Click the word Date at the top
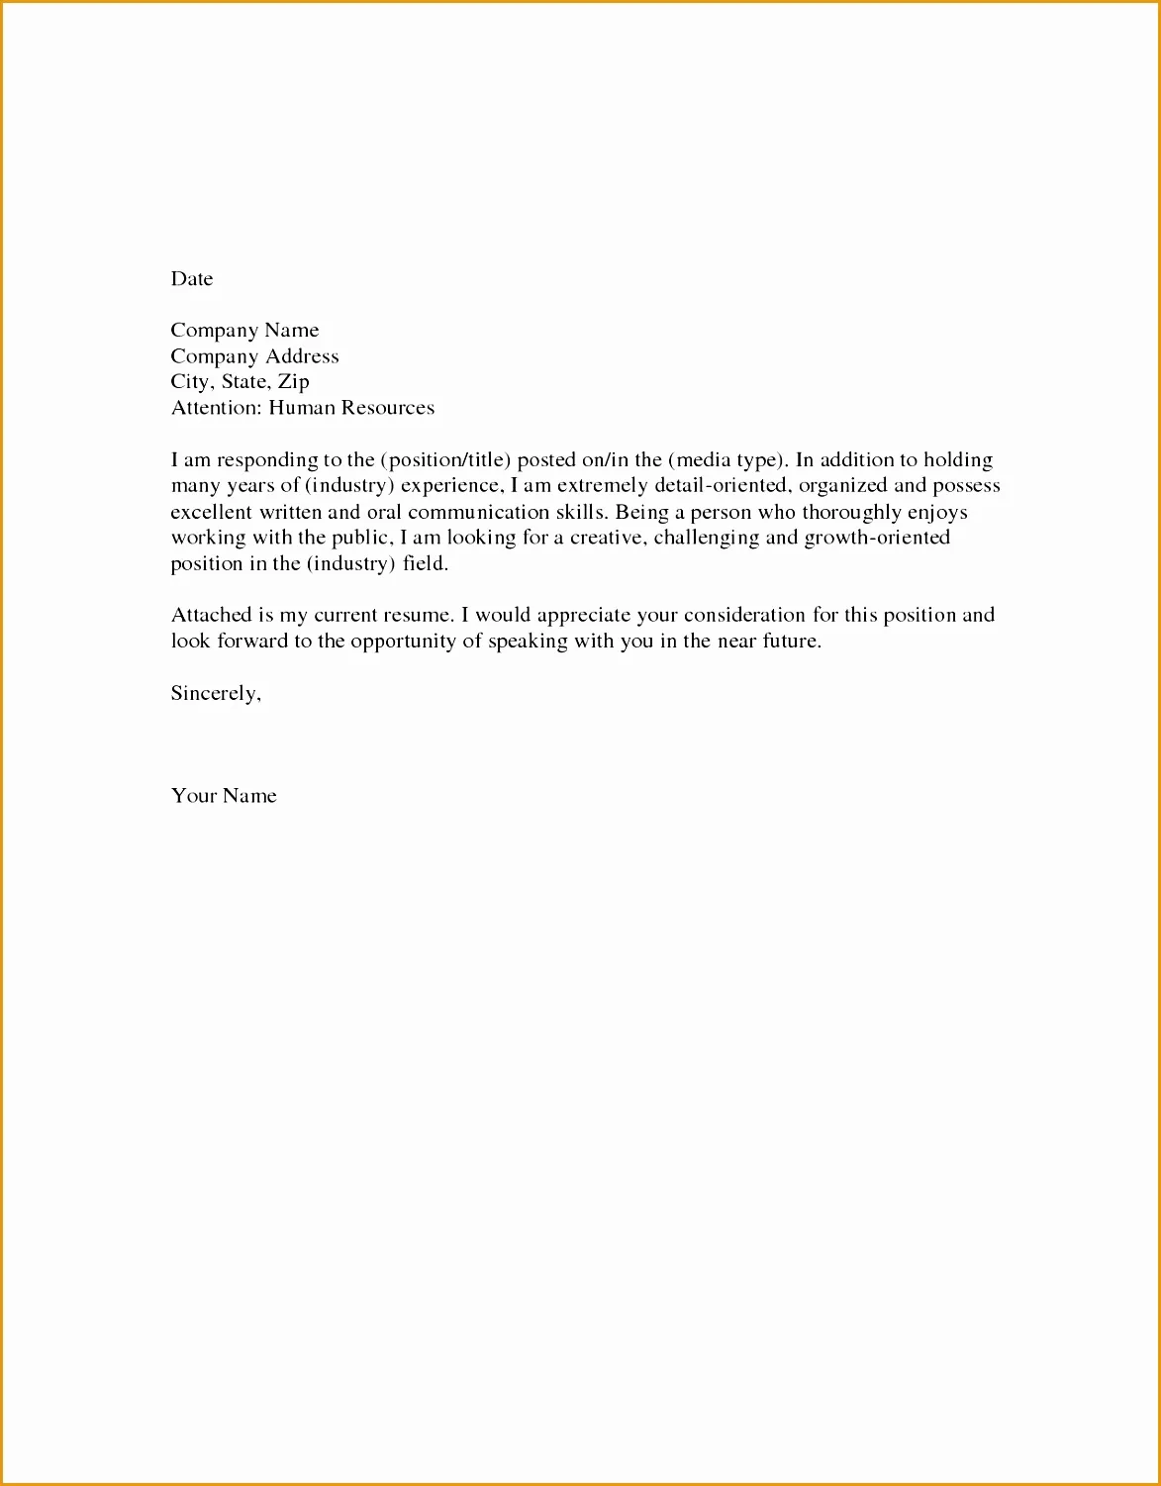192,279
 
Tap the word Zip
294,382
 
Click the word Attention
216,408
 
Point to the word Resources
388,408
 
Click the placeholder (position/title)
445,460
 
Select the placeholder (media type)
728,460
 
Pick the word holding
958,460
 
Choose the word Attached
212,615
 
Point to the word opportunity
403,642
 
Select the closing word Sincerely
216,693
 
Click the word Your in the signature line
193,796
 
